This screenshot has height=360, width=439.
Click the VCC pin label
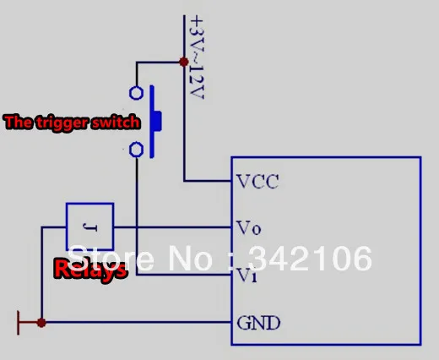257,182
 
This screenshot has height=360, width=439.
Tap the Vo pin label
249,228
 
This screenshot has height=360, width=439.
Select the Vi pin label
247,275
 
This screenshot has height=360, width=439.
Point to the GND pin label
258,323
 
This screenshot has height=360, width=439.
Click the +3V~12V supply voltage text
197,57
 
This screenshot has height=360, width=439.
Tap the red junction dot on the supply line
184,62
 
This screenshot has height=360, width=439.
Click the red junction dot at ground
41,323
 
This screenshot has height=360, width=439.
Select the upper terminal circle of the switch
136,93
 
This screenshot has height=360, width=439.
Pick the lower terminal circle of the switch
136,150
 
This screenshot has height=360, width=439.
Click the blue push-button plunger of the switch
154,122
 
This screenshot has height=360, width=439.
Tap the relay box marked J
90,203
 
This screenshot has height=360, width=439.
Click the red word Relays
90,270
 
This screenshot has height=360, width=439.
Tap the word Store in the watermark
111,259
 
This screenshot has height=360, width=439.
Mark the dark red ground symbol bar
19,323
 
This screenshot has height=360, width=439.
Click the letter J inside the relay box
90,227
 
